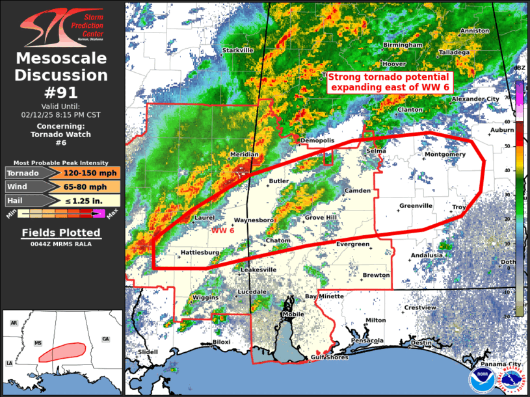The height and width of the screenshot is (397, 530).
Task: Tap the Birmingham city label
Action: tap(403, 45)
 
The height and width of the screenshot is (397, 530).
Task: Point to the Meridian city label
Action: tap(244, 155)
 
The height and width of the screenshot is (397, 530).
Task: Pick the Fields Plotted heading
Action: tap(60, 233)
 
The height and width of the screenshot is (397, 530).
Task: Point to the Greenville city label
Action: tap(416, 206)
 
